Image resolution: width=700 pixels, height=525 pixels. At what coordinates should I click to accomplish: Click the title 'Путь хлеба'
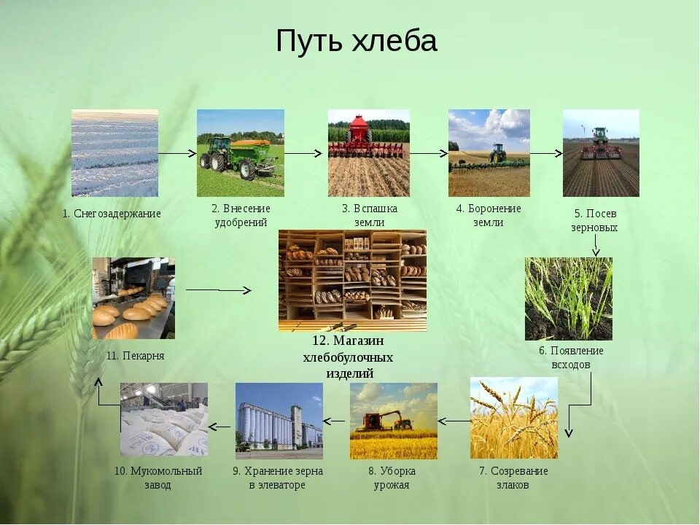357,41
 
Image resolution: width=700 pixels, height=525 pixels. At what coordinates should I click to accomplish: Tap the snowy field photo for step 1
114,153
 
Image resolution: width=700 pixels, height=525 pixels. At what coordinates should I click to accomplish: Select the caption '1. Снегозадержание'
112,214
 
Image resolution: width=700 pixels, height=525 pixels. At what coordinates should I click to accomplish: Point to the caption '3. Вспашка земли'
369,215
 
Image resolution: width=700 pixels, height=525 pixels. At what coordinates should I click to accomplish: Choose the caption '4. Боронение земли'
489,215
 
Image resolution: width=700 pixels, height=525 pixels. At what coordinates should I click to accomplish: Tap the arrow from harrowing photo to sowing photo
546,154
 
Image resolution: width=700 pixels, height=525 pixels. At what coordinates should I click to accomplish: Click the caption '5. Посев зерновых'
595,220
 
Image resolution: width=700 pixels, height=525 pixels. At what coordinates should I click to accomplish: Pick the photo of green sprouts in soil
568,299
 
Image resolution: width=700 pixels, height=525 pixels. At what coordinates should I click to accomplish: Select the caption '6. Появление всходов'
571,357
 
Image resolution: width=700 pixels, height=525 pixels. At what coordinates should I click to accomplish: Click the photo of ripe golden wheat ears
514,418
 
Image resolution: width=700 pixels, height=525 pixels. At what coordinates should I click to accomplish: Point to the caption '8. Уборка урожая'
392,478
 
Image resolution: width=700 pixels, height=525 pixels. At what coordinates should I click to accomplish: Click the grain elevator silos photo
279,421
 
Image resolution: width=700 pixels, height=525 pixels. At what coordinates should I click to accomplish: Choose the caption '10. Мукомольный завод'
158,478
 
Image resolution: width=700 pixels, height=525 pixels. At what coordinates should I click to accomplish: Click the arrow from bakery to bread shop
219,290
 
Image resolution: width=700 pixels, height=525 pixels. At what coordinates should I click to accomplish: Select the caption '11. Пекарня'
136,356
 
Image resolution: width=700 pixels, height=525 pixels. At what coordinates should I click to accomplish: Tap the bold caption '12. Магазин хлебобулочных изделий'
349,357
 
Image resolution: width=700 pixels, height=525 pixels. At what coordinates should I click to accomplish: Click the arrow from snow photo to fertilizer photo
178,154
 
